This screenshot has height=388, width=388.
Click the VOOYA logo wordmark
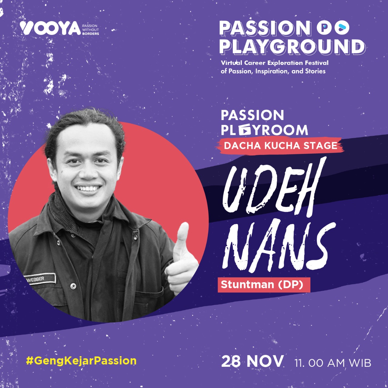[x=50, y=29]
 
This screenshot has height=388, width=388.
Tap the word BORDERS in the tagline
[x=91, y=34]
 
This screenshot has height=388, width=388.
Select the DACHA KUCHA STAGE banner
[x=280, y=145]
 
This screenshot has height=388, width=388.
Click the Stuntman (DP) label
[x=262, y=285]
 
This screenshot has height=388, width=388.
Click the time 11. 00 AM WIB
[x=333, y=363]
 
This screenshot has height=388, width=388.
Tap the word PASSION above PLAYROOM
[x=252, y=115]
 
